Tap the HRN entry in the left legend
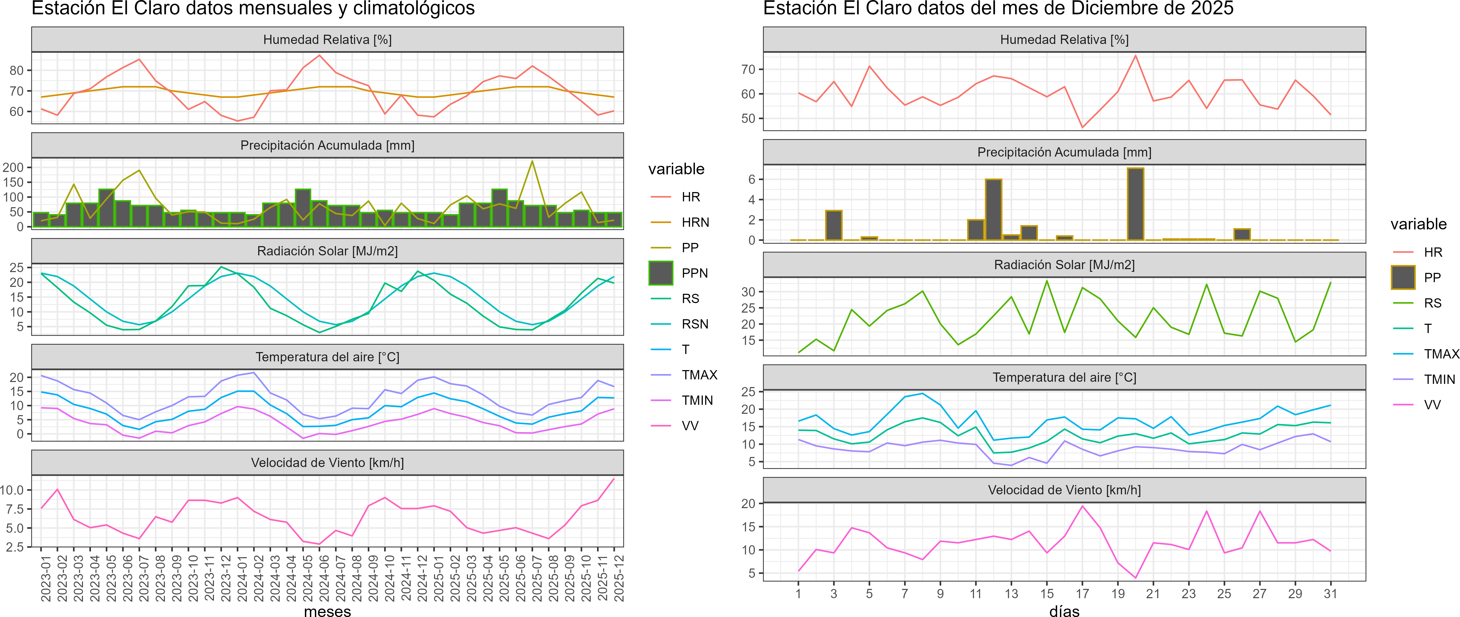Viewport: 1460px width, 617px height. [x=695, y=222]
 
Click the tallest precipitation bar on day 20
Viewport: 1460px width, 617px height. [x=1135, y=204]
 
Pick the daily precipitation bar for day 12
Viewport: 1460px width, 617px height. [x=994, y=210]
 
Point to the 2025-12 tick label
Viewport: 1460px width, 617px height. [x=619, y=578]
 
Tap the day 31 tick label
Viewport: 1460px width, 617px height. [x=1330, y=594]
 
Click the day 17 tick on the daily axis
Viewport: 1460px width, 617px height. [x=1082, y=594]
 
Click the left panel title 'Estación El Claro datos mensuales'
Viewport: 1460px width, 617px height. [x=253, y=8]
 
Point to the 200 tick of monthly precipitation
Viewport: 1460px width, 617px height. [x=14, y=167]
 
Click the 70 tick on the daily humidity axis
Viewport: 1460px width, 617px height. [x=748, y=70]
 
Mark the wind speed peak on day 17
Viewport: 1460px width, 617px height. [x=1082, y=506]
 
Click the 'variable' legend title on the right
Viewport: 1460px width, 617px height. [x=1418, y=224]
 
